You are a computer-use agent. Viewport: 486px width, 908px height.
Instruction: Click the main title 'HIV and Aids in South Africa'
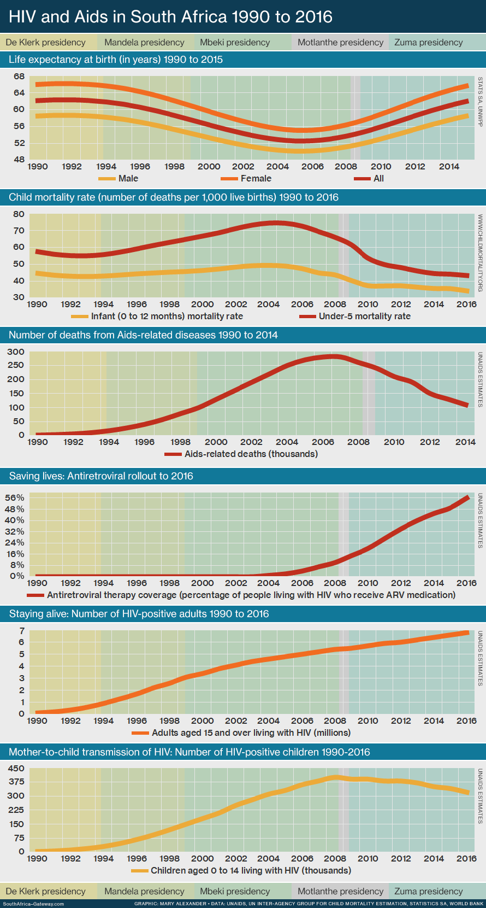click(x=170, y=16)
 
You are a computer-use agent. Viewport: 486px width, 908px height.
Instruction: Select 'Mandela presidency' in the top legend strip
click(x=144, y=42)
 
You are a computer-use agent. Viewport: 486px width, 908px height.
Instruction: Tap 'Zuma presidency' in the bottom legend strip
click(x=428, y=891)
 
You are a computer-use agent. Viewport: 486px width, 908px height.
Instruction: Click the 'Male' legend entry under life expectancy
click(x=128, y=178)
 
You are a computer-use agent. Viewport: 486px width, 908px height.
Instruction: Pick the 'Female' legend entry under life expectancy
click(x=256, y=178)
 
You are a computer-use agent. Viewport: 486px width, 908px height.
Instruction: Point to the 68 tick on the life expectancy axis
click(x=19, y=76)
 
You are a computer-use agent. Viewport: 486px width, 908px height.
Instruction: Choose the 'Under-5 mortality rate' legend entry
click(x=364, y=316)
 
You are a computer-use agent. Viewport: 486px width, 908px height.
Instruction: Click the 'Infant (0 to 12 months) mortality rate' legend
click(x=167, y=316)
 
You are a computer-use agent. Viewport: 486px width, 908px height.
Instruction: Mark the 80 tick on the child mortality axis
click(x=19, y=214)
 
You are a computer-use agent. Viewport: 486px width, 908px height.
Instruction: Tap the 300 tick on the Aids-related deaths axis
click(x=16, y=352)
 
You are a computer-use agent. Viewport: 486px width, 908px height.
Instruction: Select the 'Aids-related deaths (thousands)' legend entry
click(x=251, y=454)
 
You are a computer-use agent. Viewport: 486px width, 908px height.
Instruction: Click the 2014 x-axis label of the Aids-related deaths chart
click(x=465, y=442)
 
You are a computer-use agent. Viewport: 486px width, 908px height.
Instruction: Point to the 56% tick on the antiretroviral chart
click(x=15, y=497)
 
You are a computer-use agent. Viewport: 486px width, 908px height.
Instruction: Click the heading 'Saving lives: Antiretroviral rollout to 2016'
click(x=101, y=476)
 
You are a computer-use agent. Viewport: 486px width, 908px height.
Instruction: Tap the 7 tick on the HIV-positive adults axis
click(x=21, y=630)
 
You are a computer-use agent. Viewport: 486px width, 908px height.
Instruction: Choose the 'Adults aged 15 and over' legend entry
click(x=251, y=733)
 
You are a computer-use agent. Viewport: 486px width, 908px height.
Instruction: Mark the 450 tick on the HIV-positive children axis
click(x=16, y=768)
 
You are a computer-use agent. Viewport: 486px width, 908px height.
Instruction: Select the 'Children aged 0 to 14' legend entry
click(x=251, y=870)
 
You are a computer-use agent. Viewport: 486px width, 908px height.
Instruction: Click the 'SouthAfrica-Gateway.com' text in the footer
click(x=33, y=904)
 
